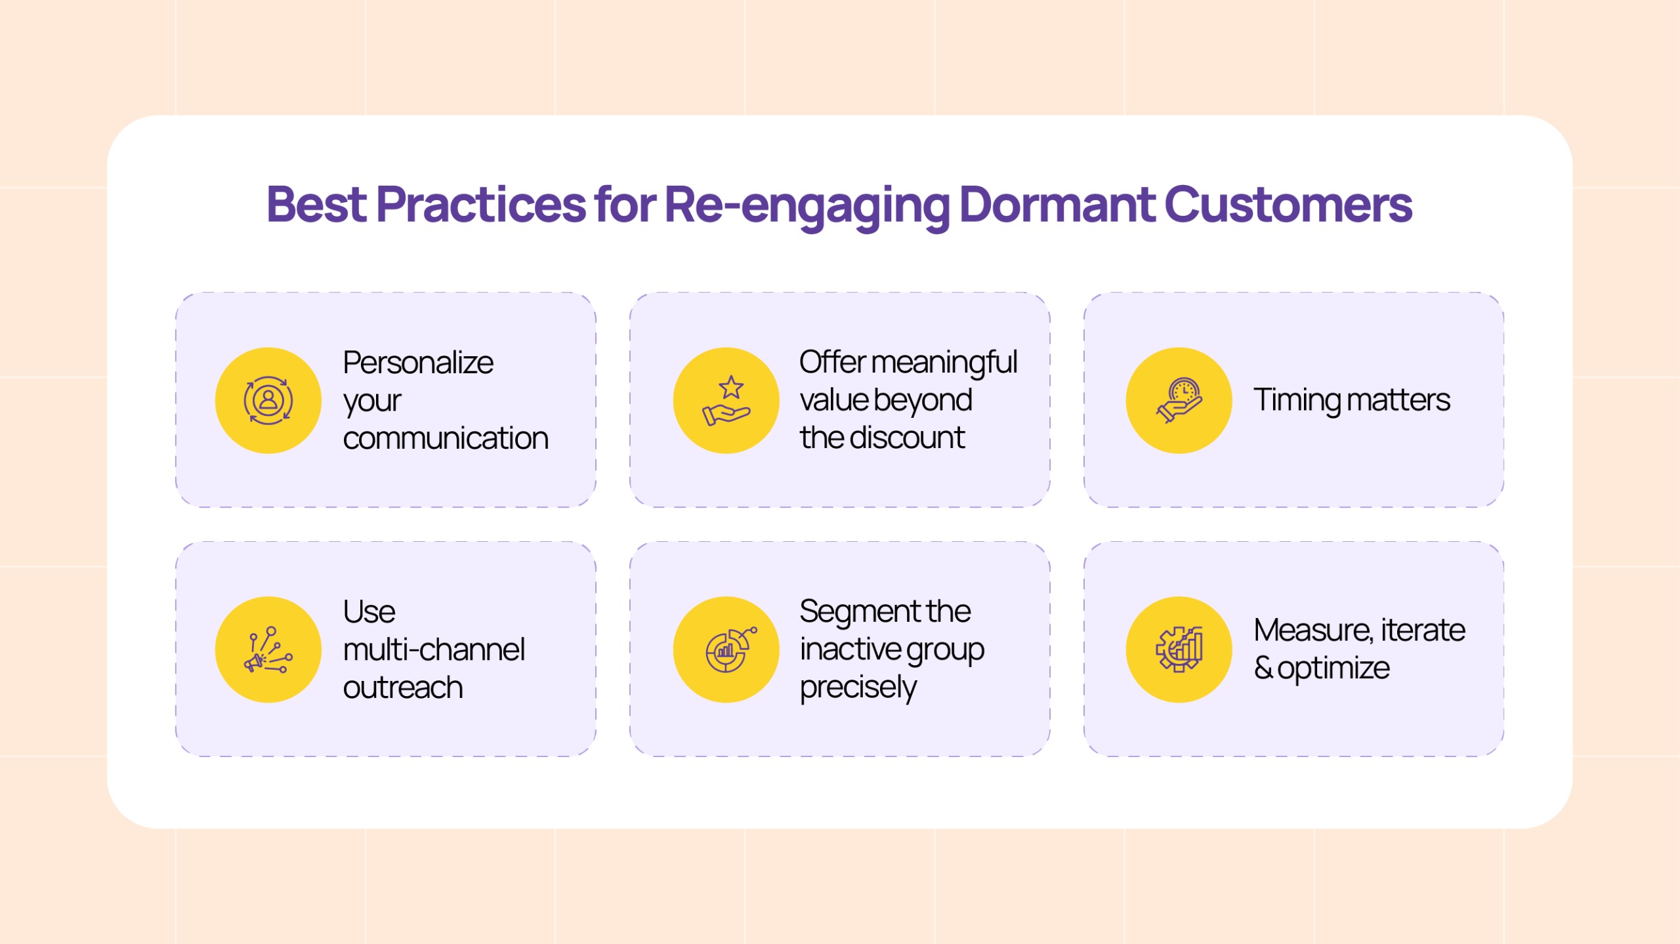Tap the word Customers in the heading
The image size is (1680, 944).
[x=1288, y=205]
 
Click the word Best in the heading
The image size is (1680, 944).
[x=316, y=205]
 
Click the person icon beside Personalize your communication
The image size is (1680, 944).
[x=268, y=400]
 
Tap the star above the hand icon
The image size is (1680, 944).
[x=731, y=388]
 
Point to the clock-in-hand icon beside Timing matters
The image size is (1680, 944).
[x=1179, y=400]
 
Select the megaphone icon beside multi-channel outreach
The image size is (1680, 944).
[x=268, y=649]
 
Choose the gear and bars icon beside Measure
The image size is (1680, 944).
[x=1179, y=649]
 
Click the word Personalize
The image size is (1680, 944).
[x=418, y=363]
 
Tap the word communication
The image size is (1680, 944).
[x=446, y=438]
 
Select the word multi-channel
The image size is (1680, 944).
[x=434, y=649]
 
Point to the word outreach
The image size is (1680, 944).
[x=403, y=687]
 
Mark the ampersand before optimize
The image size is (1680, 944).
[x=1263, y=668]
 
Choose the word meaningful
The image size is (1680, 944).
[x=944, y=363]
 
